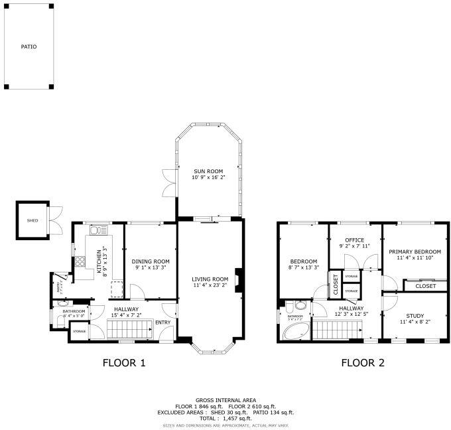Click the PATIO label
[x=29, y=47]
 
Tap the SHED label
[x=32, y=221]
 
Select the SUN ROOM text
[x=208, y=171]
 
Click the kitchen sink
[x=97, y=230]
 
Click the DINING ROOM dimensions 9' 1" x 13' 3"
[x=151, y=268]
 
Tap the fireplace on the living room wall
[x=240, y=275]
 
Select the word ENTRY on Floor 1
[x=162, y=323]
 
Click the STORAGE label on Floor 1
[x=80, y=331]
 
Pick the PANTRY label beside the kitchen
[x=59, y=285]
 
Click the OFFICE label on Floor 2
[x=354, y=240]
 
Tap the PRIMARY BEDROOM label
[x=415, y=251]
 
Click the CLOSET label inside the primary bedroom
[x=425, y=286]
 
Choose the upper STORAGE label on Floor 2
[x=352, y=276]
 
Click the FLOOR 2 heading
[x=363, y=362]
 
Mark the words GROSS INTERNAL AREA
[x=226, y=400]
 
